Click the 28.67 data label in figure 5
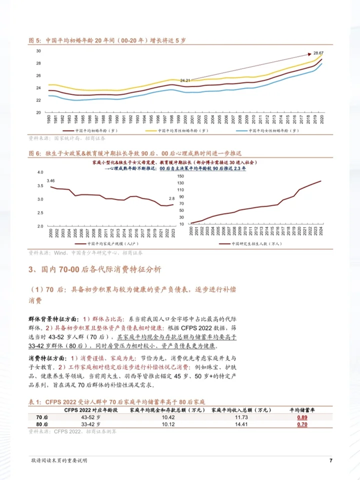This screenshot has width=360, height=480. tap(318, 53)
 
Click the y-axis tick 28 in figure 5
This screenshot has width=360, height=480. tap(38, 63)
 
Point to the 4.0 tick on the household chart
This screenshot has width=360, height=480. tap(41, 172)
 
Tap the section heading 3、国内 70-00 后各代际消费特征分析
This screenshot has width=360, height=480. tap(95, 270)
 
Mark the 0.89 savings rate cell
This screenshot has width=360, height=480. tap(301, 417)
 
